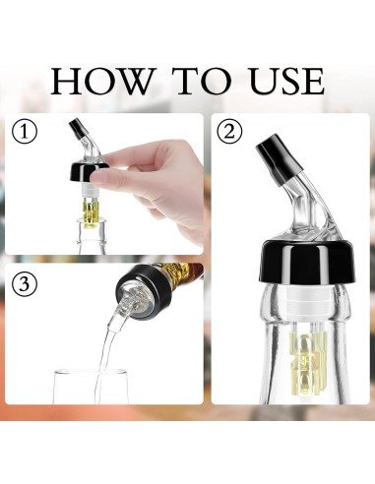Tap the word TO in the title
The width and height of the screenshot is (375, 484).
(190, 80)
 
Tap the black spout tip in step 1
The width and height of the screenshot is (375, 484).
(75, 129)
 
